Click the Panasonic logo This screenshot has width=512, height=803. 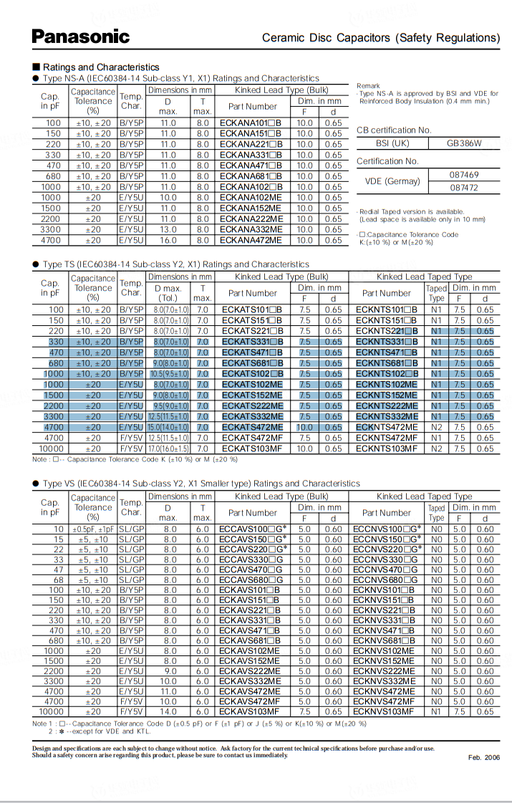(x=81, y=37)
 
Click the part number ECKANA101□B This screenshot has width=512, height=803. (x=251, y=123)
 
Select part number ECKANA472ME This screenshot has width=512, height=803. (x=251, y=241)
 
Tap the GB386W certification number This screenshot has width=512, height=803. (x=464, y=143)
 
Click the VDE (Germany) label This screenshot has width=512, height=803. (x=392, y=181)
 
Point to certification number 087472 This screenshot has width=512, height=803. (x=464, y=188)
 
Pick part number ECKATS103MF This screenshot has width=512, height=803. (x=252, y=449)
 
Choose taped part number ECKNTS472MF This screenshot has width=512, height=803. (x=387, y=438)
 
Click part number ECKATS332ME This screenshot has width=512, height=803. (x=252, y=417)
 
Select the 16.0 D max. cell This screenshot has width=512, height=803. (x=168, y=241)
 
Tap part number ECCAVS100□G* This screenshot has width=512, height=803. (x=253, y=529)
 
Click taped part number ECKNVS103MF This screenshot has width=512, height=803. (x=383, y=712)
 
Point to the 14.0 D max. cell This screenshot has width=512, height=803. (x=168, y=712)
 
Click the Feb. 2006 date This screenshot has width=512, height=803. (x=484, y=757)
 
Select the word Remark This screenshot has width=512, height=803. (x=368, y=86)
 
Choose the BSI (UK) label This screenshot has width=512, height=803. (x=392, y=143)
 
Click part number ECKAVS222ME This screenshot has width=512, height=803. (x=251, y=671)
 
